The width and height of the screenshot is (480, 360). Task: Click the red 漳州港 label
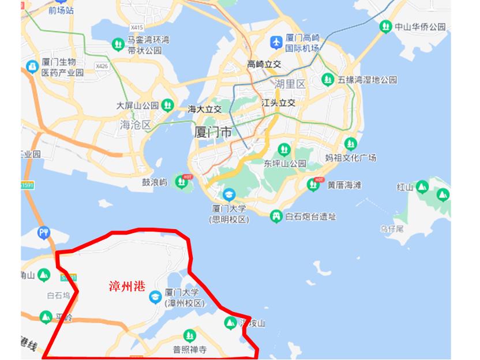click(127, 286)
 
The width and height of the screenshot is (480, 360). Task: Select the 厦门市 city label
click(213, 132)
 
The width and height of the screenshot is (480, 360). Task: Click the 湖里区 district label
click(290, 84)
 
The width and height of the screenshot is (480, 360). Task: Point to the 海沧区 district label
click(134, 125)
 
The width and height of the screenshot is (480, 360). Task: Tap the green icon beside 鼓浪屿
click(182, 182)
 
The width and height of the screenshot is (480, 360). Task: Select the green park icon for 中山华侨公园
click(385, 27)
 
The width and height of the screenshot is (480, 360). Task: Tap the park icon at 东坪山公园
click(283, 148)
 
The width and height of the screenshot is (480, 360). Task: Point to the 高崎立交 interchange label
click(264, 64)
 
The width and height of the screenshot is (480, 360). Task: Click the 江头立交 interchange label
click(278, 103)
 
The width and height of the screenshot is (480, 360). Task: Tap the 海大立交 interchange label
click(205, 108)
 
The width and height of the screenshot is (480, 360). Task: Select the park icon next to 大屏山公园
click(168, 105)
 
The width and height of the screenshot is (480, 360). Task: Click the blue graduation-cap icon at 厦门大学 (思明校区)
click(229, 194)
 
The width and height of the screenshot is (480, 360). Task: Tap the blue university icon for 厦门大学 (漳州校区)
click(155, 297)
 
